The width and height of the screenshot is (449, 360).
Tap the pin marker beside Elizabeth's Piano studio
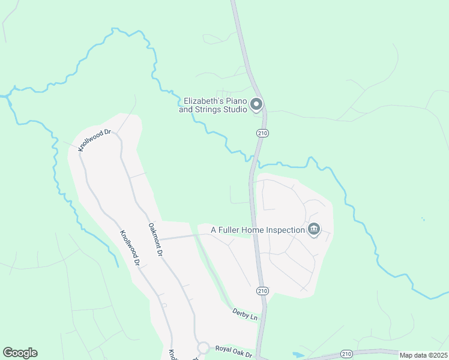click(x=256, y=105)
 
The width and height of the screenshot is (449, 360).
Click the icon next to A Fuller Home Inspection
click(x=313, y=229)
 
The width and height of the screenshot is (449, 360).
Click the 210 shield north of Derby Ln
click(x=262, y=290)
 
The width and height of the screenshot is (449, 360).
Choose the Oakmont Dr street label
click(x=155, y=240)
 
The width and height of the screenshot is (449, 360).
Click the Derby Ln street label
click(x=244, y=314)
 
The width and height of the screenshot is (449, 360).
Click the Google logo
click(x=20, y=353)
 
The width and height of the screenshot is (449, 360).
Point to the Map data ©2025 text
click(x=423, y=355)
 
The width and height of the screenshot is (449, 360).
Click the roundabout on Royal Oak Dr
click(x=203, y=348)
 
